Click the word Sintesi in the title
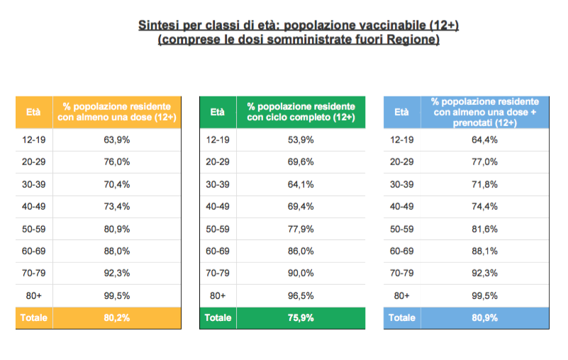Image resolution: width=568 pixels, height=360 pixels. point(160,26)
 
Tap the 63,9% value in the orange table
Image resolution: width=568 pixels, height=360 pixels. point(116,140)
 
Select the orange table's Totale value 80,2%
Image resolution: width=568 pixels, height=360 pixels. point(116,318)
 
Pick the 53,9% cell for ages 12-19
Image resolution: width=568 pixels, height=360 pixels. point(301,140)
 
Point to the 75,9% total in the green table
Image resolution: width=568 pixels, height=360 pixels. point(301,318)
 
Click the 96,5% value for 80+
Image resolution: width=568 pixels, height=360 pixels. point(301,296)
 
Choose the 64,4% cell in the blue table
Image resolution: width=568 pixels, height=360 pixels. point(485,140)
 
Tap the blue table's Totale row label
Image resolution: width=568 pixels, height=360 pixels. point(402,318)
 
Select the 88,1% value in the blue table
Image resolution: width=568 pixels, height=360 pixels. point(485,251)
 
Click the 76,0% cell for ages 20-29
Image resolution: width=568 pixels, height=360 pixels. point(116,162)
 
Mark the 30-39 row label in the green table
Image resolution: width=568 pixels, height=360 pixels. point(218,184)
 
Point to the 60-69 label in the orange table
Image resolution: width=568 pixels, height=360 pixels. point(33,251)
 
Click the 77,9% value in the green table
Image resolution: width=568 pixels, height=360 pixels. point(301,229)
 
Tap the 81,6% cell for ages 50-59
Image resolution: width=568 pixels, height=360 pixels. point(485,229)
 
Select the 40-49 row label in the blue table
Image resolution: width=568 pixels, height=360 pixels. point(402,206)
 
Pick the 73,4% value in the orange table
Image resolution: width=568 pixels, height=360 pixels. point(116,206)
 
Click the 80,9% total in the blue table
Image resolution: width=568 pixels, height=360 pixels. point(485,318)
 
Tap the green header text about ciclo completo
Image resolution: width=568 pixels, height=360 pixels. point(301,111)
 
